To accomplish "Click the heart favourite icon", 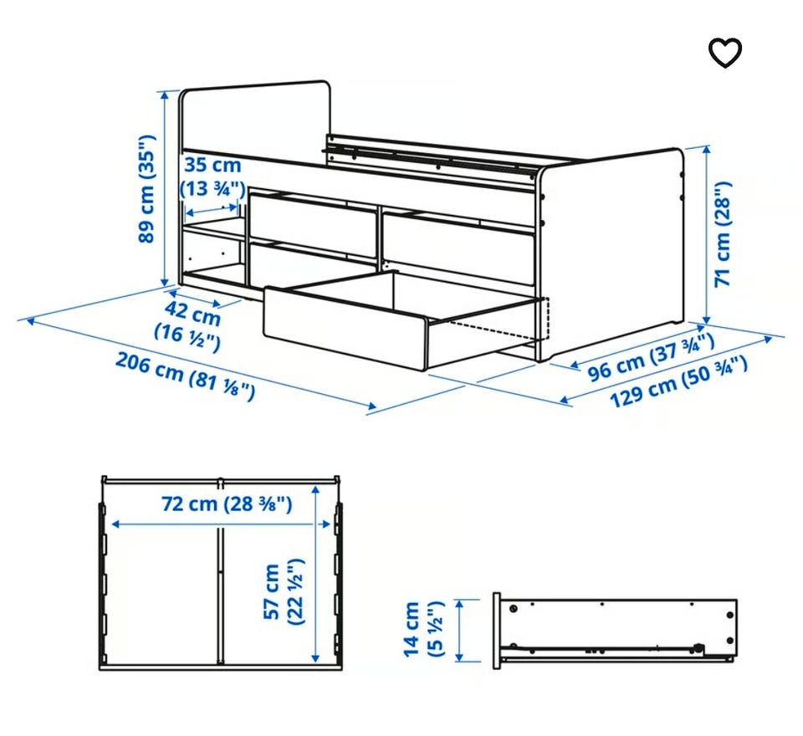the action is [x=724, y=52].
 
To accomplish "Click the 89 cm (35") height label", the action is [x=146, y=189].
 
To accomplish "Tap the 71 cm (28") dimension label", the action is [x=723, y=234].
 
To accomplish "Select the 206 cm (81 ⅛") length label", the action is [x=185, y=376].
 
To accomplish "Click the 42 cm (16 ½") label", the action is [x=190, y=325].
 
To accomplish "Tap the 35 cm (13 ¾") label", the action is [x=212, y=176].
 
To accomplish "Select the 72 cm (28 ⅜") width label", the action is [x=227, y=504].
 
